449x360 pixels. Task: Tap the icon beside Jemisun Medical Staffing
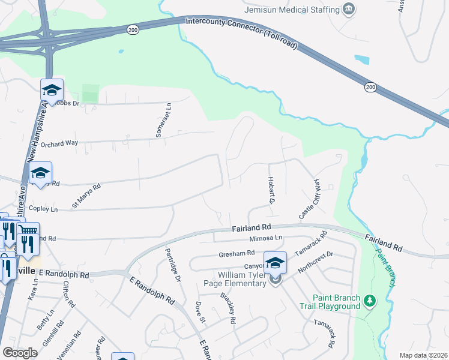pyautogui.click(x=349, y=9)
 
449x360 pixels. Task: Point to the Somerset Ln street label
pyautogui.click(x=160, y=120)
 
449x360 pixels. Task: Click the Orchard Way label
pyautogui.click(x=60, y=144)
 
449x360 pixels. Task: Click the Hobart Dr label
pyautogui.click(x=271, y=191)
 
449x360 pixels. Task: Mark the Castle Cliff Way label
pyautogui.click(x=310, y=199)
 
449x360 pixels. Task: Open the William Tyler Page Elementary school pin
pyautogui.click(x=275, y=263)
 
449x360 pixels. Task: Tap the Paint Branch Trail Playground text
pyautogui.click(x=336, y=302)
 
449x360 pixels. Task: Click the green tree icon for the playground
pyautogui.click(x=370, y=301)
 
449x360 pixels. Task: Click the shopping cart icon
pyautogui.click(x=28, y=230)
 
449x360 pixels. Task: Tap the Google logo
pyautogui.click(x=20, y=353)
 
